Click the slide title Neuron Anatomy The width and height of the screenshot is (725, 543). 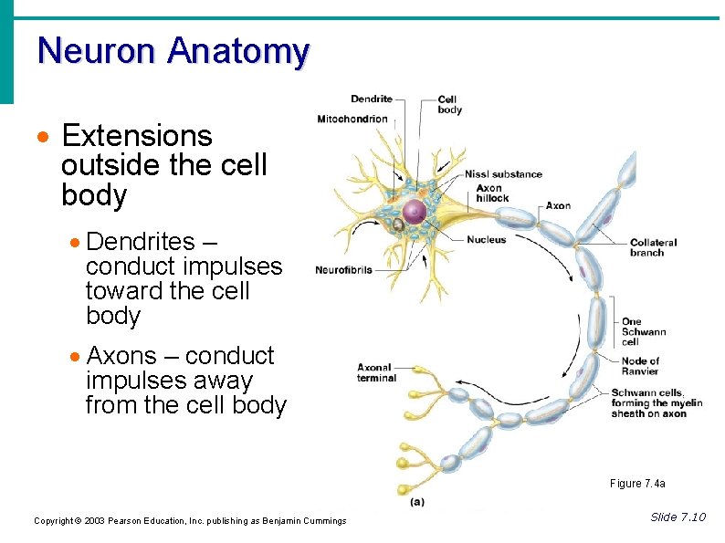click(x=173, y=51)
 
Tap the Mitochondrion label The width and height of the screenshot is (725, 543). click(x=352, y=120)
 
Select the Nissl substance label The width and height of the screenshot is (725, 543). click(x=503, y=174)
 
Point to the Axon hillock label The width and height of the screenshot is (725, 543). click(x=489, y=193)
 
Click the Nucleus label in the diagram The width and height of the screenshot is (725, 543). click(x=487, y=240)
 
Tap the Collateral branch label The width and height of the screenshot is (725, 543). click(x=653, y=247)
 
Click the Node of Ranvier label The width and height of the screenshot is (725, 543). click(x=640, y=366)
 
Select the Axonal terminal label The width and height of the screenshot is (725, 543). click(x=376, y=372)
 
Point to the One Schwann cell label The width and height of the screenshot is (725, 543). click(x=644, y=331)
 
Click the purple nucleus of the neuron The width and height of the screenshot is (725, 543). click(x=415, y=212)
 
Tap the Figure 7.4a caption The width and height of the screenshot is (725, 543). click(x=637, y=483)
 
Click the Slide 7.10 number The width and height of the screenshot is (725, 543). click(x=678, y=517)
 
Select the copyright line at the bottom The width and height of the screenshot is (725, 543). click(x=190, y=520)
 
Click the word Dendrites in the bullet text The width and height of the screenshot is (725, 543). click(x=141, y=242)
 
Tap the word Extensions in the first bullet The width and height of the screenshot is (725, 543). click(x=136, y=136)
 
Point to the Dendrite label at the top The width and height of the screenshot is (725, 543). click(x=372, y=99)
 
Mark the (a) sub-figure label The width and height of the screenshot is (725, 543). click(x=415, y=502)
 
